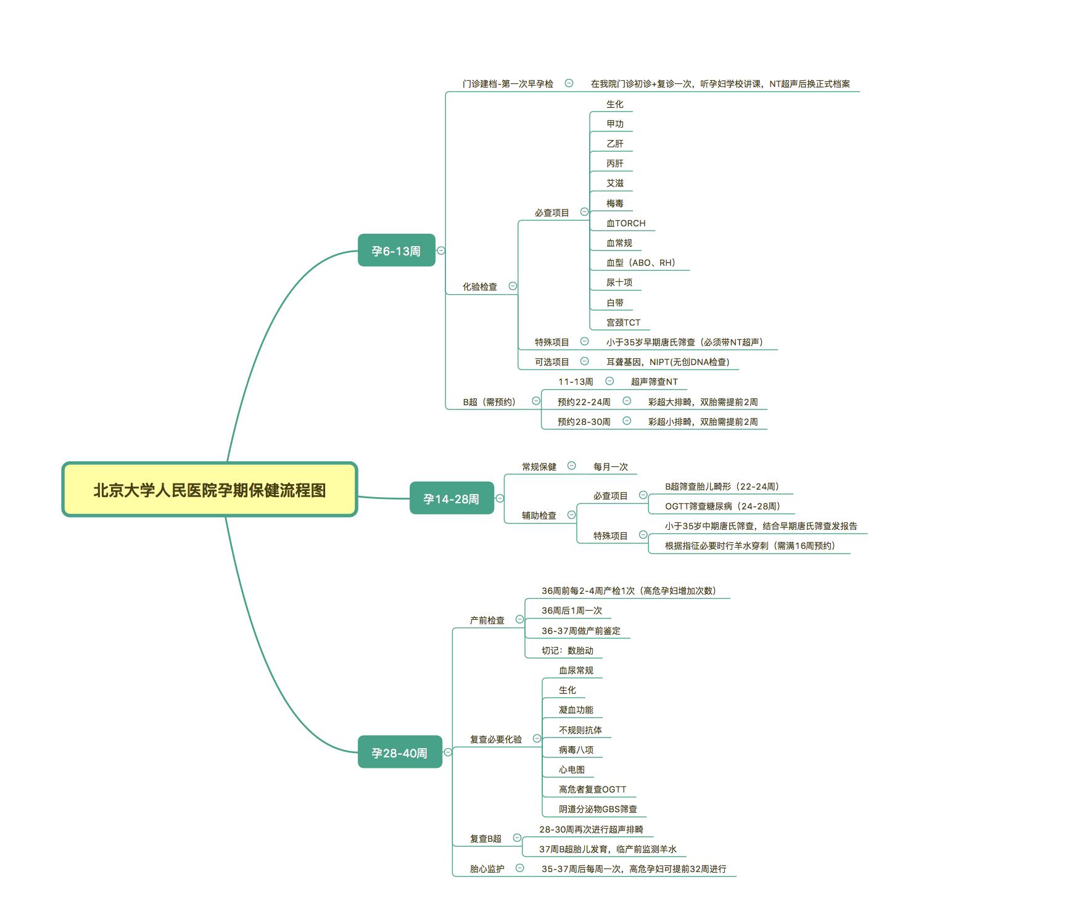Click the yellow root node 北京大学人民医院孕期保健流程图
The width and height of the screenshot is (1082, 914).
[210, 490]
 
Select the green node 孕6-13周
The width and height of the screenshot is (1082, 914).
[396, 250]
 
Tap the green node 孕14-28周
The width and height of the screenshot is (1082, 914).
[451, 498]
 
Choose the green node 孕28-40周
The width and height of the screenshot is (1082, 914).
[399, 752]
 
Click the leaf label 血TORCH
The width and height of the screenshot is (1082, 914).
[626, 223]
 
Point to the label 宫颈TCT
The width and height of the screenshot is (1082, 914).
[623, 323]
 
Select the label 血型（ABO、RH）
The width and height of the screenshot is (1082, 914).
[641, 263]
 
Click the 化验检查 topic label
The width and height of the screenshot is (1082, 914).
[480, 287]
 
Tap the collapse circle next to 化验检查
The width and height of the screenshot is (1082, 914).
[513, 286]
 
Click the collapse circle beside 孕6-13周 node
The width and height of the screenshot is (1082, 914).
[441, 250]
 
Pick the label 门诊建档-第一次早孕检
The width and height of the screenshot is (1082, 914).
[508, 84]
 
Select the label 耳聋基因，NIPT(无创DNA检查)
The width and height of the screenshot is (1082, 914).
[667, 362]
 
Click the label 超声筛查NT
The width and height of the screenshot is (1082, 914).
[654, 382]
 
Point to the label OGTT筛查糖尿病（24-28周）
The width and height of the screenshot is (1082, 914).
[722, 506]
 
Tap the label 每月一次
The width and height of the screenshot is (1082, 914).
[610, 467]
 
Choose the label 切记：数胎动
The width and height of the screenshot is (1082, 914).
[567, 651]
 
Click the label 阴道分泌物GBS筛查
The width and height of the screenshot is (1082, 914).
[597, 809]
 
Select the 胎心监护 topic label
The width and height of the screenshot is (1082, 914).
[487, 869]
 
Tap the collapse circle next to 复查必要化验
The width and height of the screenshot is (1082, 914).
[537, 739]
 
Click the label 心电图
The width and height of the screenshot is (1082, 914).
[571, 770]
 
